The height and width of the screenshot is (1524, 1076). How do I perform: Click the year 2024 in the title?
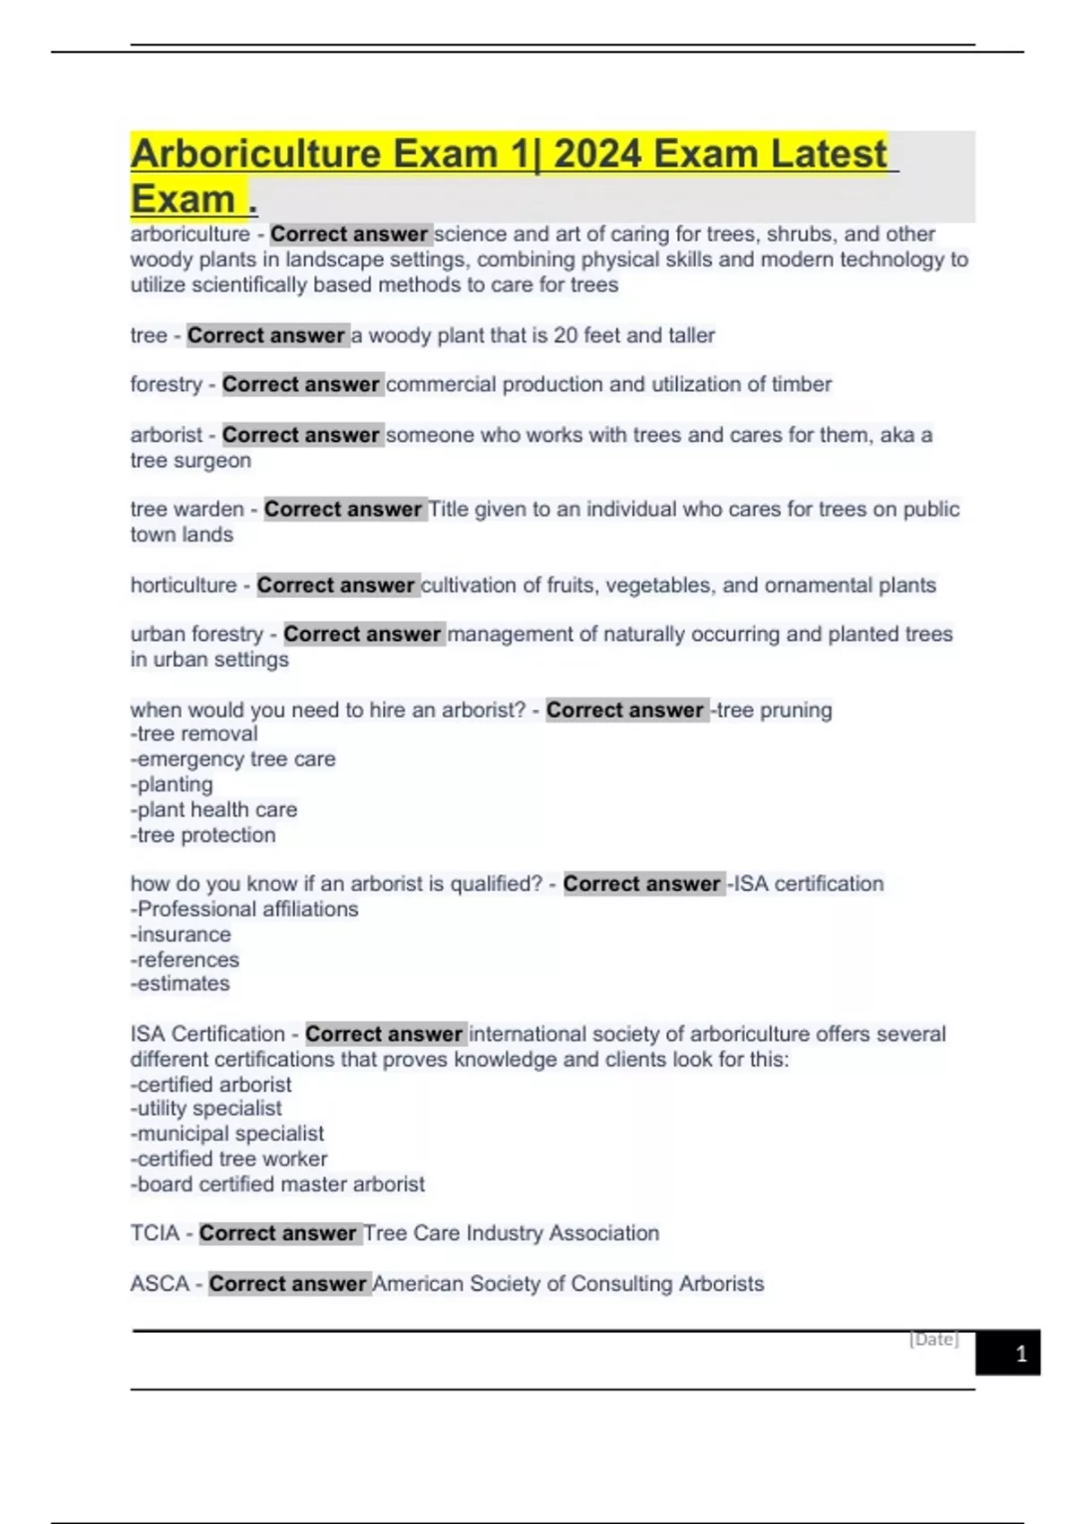click(x=598, y=154)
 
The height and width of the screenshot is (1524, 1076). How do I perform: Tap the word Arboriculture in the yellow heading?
click(x=256, y=154)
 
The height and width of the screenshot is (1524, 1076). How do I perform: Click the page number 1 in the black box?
click(x=1020, y=1354)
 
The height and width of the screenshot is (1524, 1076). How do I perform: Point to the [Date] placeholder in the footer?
click(x=933, y=1339)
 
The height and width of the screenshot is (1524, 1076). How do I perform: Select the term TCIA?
click(x=155, y=1234)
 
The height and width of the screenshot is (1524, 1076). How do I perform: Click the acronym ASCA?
click(x=160, y=1284)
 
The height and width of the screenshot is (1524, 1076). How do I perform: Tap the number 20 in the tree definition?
click(x=565, y=335)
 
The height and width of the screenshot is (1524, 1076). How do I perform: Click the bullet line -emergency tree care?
click(x=233, y=759)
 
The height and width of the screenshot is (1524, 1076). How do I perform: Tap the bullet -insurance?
click(x=181, y=934)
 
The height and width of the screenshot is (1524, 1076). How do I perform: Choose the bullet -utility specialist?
click(x=206, y=1109)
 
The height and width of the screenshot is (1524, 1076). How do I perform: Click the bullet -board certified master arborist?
click(x=278, y=1184)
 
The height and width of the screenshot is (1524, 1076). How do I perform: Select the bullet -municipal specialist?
click(x=228, y=1134)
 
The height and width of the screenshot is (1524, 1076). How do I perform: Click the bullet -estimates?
click(x=180, y=983)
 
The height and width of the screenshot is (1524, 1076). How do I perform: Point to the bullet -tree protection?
click(x=204, y=836)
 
